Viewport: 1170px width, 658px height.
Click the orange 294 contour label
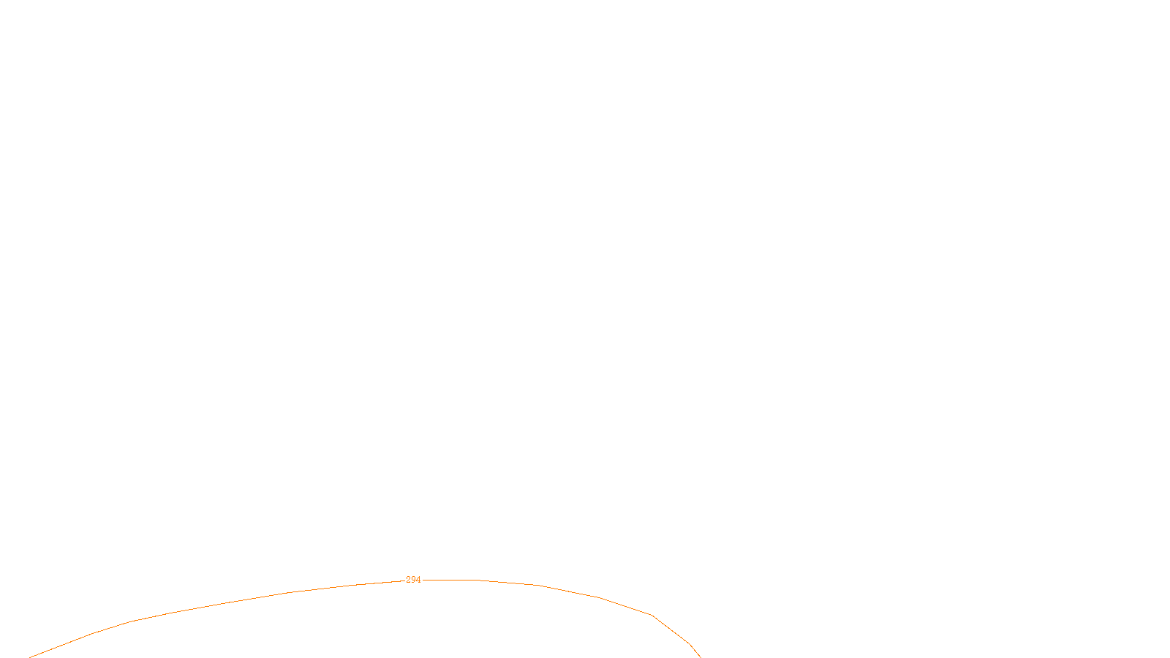click(x=413, y=580)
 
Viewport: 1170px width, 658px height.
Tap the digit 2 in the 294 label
click(x=409, y=580)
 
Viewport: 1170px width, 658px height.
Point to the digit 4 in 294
click(x=418, y=580)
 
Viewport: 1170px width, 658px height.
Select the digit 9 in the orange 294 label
click(x=413, y=580)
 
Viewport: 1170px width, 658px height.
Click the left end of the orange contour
click(x=31, y=657)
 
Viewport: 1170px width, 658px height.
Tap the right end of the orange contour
click(x=700, y=657)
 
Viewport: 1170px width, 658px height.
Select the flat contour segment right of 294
click(x=450, y=580)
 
